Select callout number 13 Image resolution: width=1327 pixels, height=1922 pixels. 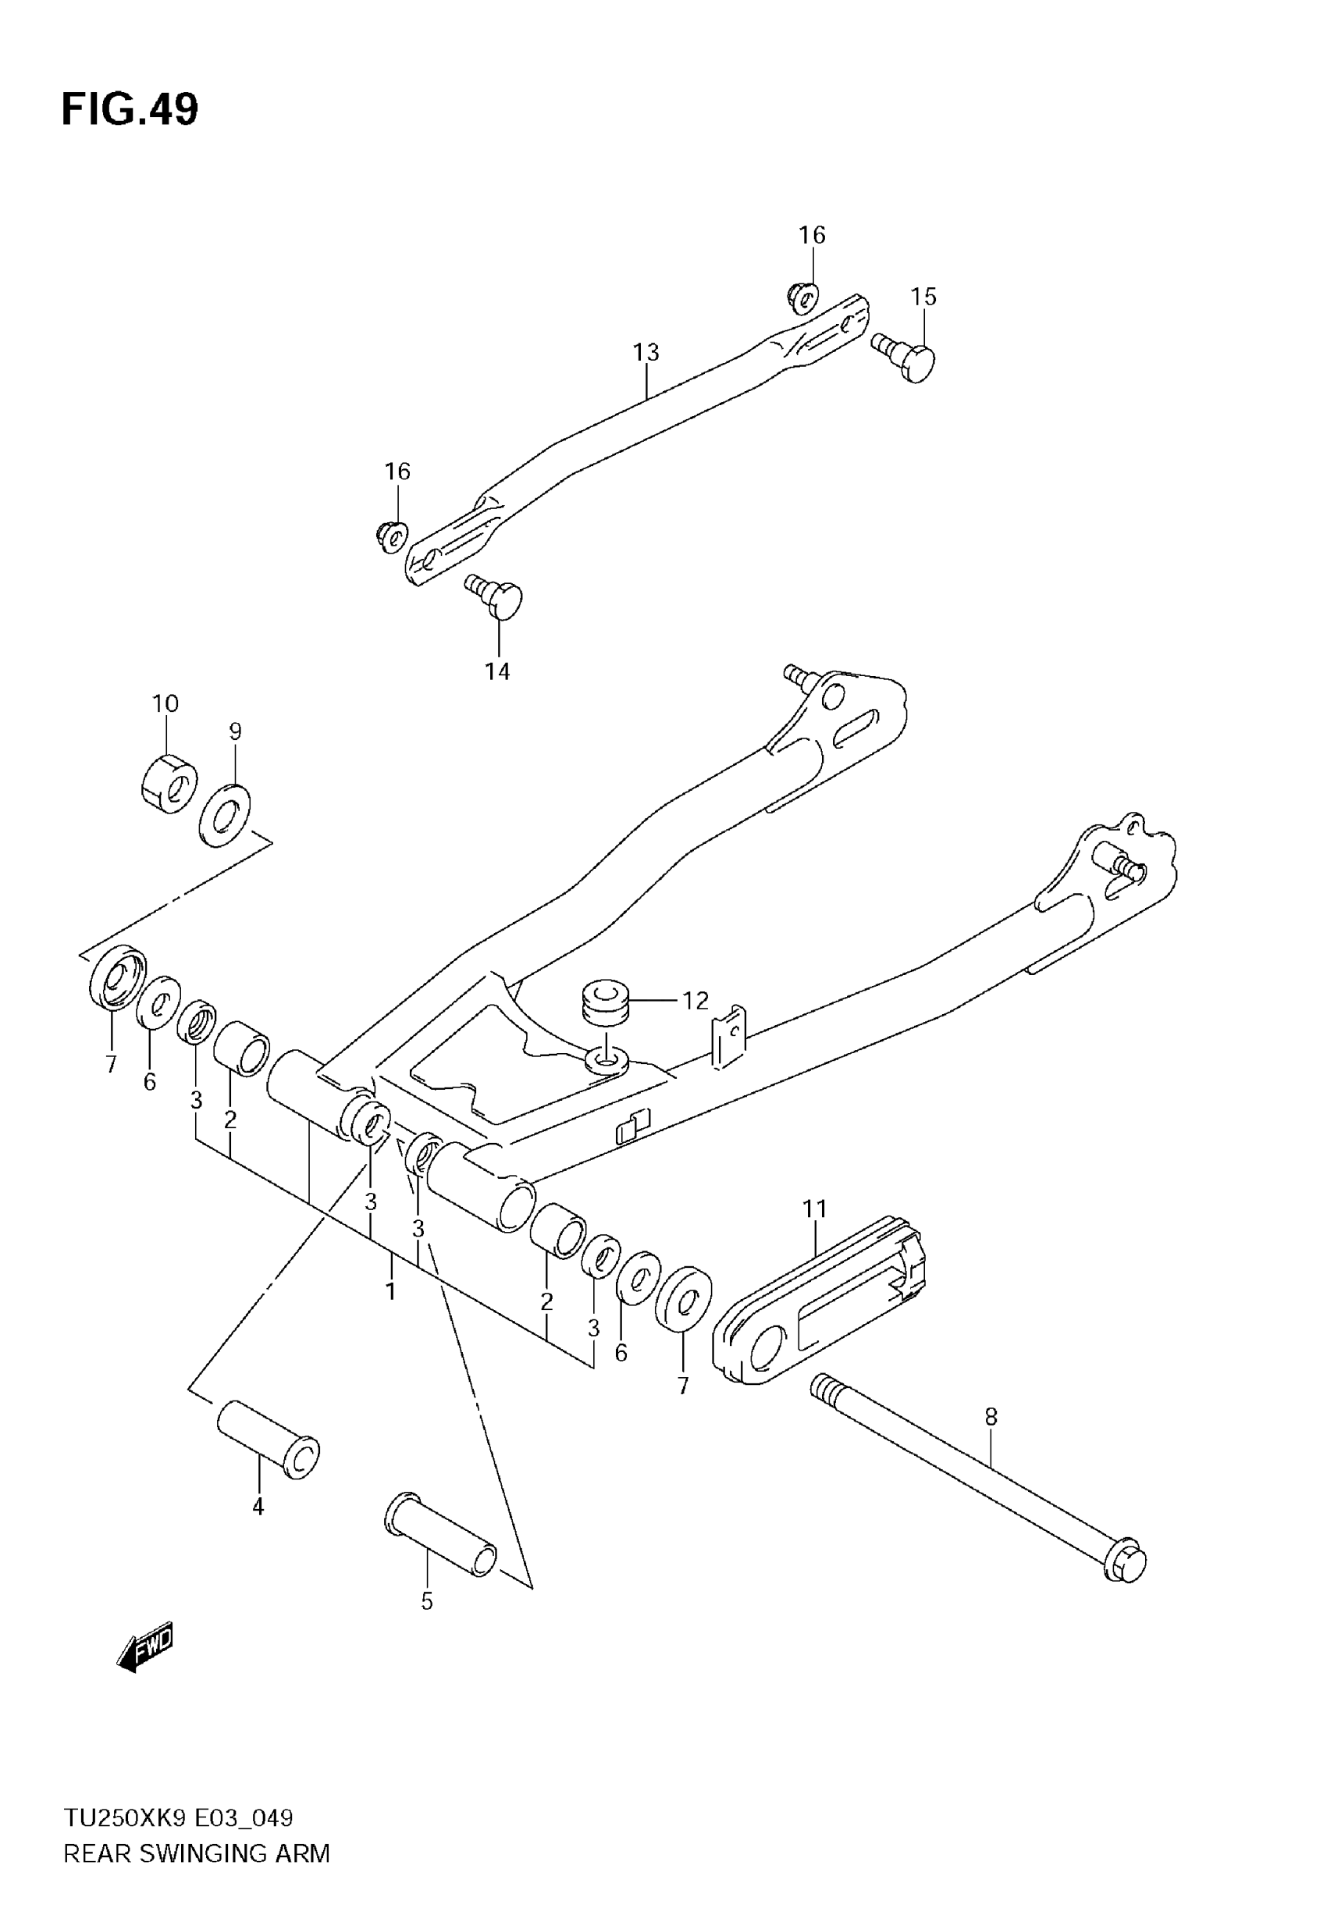tap(646, 353)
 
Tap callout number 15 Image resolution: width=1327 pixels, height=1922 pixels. tap(923, 297)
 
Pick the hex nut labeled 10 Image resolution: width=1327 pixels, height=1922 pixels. tap(169, 782)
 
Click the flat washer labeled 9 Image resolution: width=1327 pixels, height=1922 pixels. tap(227, 816)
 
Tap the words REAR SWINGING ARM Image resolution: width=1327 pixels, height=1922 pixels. tap(197, 1853)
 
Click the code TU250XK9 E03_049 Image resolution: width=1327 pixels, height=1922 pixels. tap(179, 1818)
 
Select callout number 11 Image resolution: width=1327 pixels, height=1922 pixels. tap(815, 1208)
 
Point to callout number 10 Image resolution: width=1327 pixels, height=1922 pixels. tap(165, 703)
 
